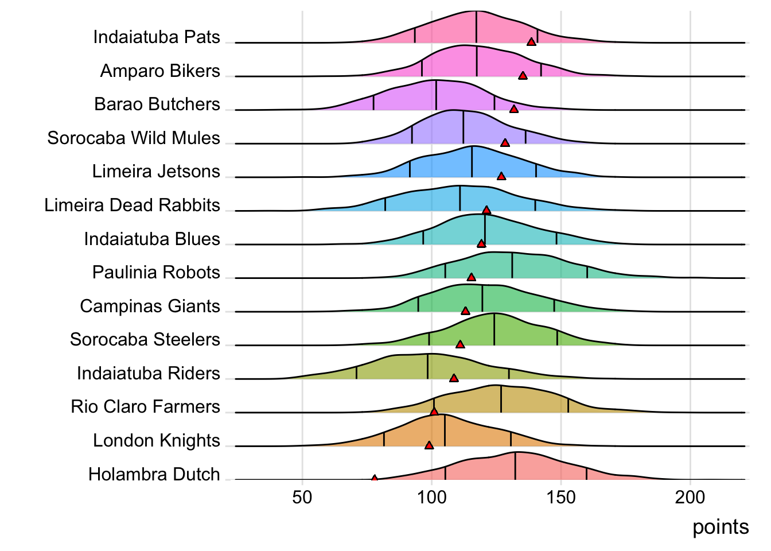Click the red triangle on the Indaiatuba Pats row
tap(531, 41)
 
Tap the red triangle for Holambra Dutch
tap(375, 478)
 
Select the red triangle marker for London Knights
tap(429, 445)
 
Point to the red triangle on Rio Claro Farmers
tap(434, 411)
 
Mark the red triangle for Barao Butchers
tap(514, 109)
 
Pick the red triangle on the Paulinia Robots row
tap(472, 277)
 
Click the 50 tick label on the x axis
tap(302, 497)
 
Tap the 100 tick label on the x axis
tap(431, 497)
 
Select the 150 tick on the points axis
tap(561, 497)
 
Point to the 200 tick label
tap(690, 497)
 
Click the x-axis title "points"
tap(721, 527)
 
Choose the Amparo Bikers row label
tap(160, 71)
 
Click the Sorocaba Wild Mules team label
tap(134, 138)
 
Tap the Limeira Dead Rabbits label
tap(132, 205)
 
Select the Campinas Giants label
tap(150, 306)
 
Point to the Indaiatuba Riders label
tap(148, 373)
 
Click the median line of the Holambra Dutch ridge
tap(515, 466)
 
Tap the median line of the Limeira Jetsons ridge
tap(472, 162)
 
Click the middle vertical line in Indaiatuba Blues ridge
tap(485, 230)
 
